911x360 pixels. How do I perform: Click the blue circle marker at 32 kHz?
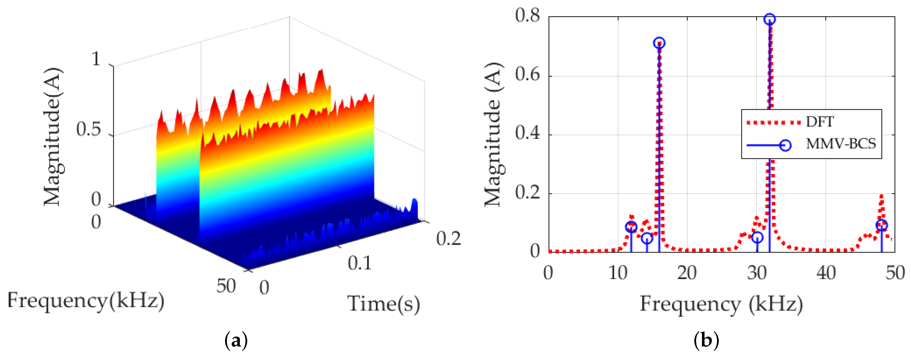point(769,19)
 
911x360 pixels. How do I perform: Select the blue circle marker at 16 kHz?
point(659,43)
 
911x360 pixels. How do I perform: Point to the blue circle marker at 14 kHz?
point(646,238)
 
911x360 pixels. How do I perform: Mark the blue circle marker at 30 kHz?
point(757,237)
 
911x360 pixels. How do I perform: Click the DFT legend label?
point(820,122)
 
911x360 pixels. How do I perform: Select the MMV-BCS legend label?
point(841,144)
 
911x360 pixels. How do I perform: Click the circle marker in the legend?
point(785,145)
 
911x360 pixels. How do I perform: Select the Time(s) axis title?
point(383,304)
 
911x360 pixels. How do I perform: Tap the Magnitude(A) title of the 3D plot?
point(52,136)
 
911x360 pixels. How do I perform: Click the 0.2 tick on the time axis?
point(448,239)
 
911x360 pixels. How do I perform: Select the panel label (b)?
point(706,341)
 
